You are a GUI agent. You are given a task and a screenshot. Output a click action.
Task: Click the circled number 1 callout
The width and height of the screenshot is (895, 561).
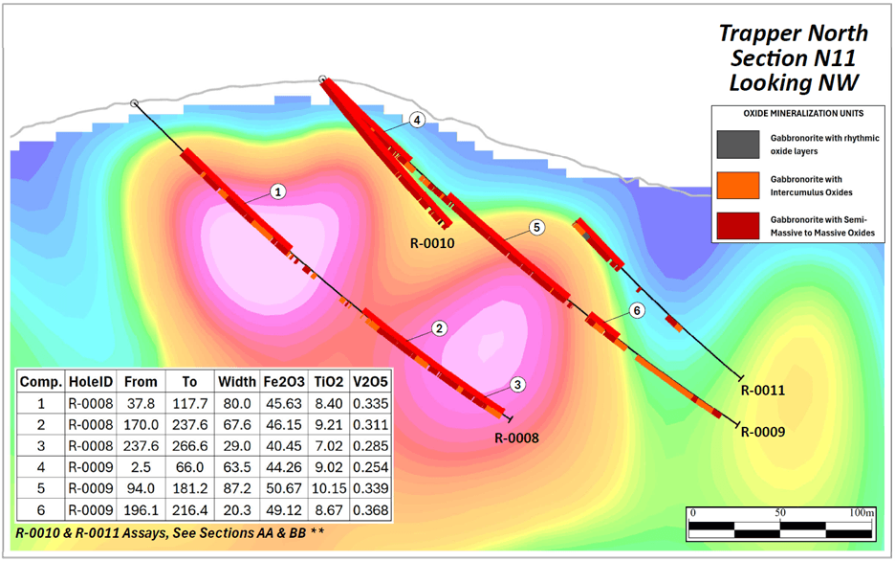click(x=277, y=191)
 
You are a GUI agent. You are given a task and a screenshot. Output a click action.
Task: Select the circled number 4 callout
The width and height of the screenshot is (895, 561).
click(x=417, y=121)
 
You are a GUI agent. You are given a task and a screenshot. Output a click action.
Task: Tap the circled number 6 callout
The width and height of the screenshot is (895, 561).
click(x=638, y=311)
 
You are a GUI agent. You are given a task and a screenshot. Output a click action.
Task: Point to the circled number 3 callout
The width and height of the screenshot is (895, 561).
click(x=517, y=385)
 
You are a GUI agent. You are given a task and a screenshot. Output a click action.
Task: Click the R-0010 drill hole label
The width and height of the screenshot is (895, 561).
click(x=427, y=243)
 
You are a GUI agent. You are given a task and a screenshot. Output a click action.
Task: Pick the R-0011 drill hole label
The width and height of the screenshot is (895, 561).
click(x=763, y=391)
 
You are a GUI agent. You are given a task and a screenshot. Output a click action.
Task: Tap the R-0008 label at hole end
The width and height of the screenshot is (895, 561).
click(x=516, y=438)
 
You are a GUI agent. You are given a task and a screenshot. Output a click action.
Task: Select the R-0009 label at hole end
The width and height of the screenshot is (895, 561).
click(x=763, y=432)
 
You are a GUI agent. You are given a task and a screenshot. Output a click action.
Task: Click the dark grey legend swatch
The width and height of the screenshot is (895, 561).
click(x=737, y=145)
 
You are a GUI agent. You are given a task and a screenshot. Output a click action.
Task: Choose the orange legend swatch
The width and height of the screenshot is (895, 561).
click(x=737, y=185)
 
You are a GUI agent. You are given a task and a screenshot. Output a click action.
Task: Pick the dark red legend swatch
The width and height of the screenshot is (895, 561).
click(x=737, y=225)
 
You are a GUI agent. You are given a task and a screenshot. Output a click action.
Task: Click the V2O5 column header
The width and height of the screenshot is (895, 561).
click(x=370, y=380)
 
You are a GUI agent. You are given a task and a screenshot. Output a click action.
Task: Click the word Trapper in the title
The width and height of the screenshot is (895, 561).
click(x=757, y=34)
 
